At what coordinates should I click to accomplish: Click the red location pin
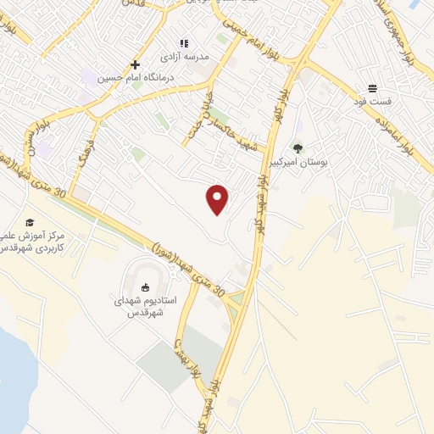pos(218,198)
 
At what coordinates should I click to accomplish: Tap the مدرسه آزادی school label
pos(191,57)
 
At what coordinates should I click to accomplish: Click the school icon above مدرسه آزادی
pos(182,43)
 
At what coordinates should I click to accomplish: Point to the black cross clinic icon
pos(135,64)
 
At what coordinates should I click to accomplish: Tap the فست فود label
pos(373,102)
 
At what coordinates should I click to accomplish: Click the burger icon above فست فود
pos(373,88)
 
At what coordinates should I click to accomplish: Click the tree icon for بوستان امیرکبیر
pos(298,147)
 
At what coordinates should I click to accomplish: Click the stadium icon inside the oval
pos(144,286)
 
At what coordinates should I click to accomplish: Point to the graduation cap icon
pos(30,222)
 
